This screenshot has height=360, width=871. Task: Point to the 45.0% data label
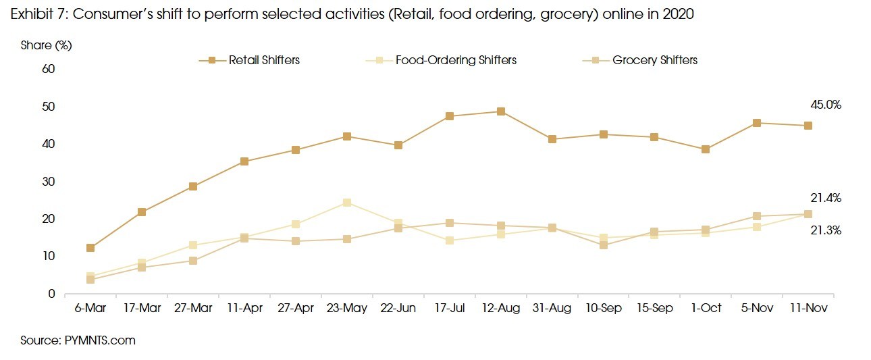[x=825, y=105]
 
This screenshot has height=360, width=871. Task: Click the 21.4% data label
[x=825, y=198]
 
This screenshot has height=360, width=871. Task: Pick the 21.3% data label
[x=825, y=230]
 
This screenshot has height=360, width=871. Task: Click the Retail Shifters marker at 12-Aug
[x=501, y=111]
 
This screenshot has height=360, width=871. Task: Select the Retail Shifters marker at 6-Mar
[x=90, y=248]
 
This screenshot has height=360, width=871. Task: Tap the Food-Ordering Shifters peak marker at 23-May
[x=347, y=203]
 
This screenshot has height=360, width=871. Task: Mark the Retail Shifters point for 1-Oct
[x=706, y=149]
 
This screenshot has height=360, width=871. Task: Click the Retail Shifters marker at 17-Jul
[x=450, y=116]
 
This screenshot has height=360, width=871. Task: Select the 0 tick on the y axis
[x=51, y=294]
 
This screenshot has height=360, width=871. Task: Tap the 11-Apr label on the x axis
[x=244, y=308]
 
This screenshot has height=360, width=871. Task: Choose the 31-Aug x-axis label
[x=552, y=308]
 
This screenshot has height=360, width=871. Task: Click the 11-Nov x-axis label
[x=808, y=308]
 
